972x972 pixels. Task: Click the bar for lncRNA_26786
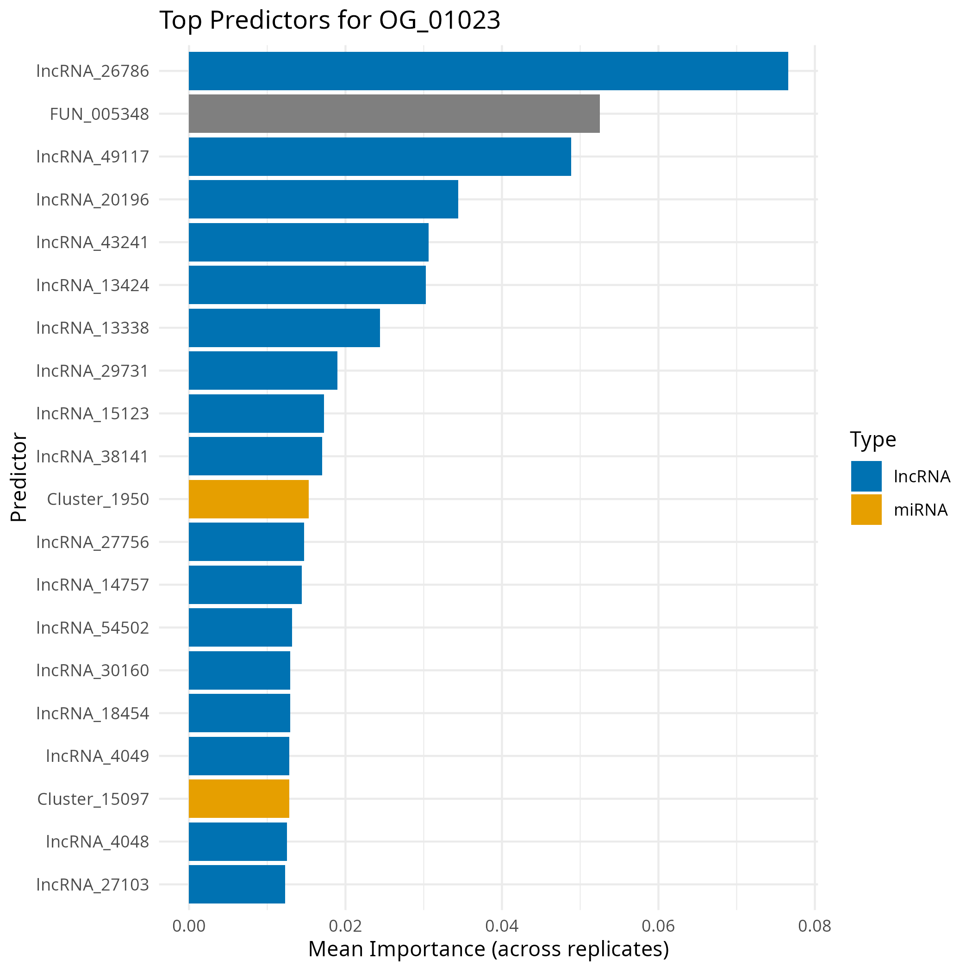click(x=488, y=71)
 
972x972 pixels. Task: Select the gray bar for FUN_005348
click(x=394, y=114)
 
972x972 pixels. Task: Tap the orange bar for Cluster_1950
click(x=249, y=499)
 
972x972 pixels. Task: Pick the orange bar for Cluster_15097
click(x=239, y=798)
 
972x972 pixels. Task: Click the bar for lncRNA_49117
click(x=380, y=156)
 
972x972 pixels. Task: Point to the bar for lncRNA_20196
click(x=324, y=199)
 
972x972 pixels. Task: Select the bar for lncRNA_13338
click(x=284, y=328)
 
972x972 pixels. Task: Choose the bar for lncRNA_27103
click(x=237, y=884)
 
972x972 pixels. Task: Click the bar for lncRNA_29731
click(x=263, y=370)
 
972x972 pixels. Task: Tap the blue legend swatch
click(x=866, y=476)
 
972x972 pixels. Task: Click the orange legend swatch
click(x=866, y=509)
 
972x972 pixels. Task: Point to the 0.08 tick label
click(x=814, y=926)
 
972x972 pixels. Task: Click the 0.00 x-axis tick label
click(x=189, y=926)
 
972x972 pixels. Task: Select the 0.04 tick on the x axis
click(x=502, y=926)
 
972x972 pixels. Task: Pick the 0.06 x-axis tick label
click(x=658, y=926)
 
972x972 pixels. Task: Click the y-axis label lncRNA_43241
click(x=93, y=243)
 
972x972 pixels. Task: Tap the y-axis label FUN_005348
click(x=99, y=114)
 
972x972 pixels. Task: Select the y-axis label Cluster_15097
click(x=93, y=799)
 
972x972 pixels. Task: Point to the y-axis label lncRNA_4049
click(x=98, y=756)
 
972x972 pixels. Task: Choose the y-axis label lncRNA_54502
click(x=93, y=627)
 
